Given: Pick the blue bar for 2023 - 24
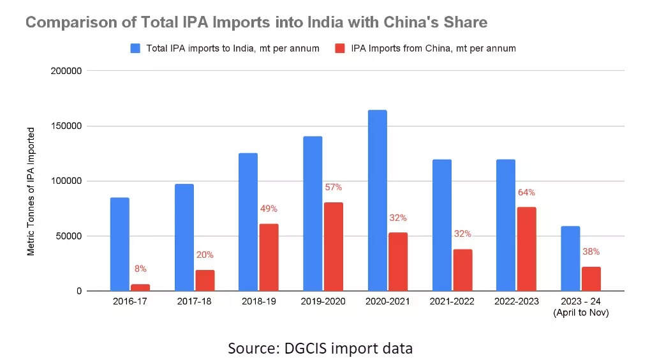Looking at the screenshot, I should [x=570, y=259].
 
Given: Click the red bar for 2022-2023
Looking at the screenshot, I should [x=527, y=249].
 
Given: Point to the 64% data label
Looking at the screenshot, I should [x=526, y=192].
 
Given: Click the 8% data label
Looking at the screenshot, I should [x=140, y=269].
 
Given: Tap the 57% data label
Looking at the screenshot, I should [x=334, y=187].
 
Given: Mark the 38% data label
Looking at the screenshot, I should [x=591, y=251].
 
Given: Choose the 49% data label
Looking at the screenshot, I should [x=269, y=209].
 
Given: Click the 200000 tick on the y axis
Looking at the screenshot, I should [x=66, y=71].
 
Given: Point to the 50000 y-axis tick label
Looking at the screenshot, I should [x=69, y=236].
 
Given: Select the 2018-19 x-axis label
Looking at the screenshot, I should [x=258, y=301].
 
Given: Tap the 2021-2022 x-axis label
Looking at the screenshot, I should [x=452, y=301].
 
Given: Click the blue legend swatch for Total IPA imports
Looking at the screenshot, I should [x=135, y=49].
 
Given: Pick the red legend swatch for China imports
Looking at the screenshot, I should [x=340, y=49].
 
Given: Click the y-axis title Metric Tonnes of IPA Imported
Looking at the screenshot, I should [x=31, y=191].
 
